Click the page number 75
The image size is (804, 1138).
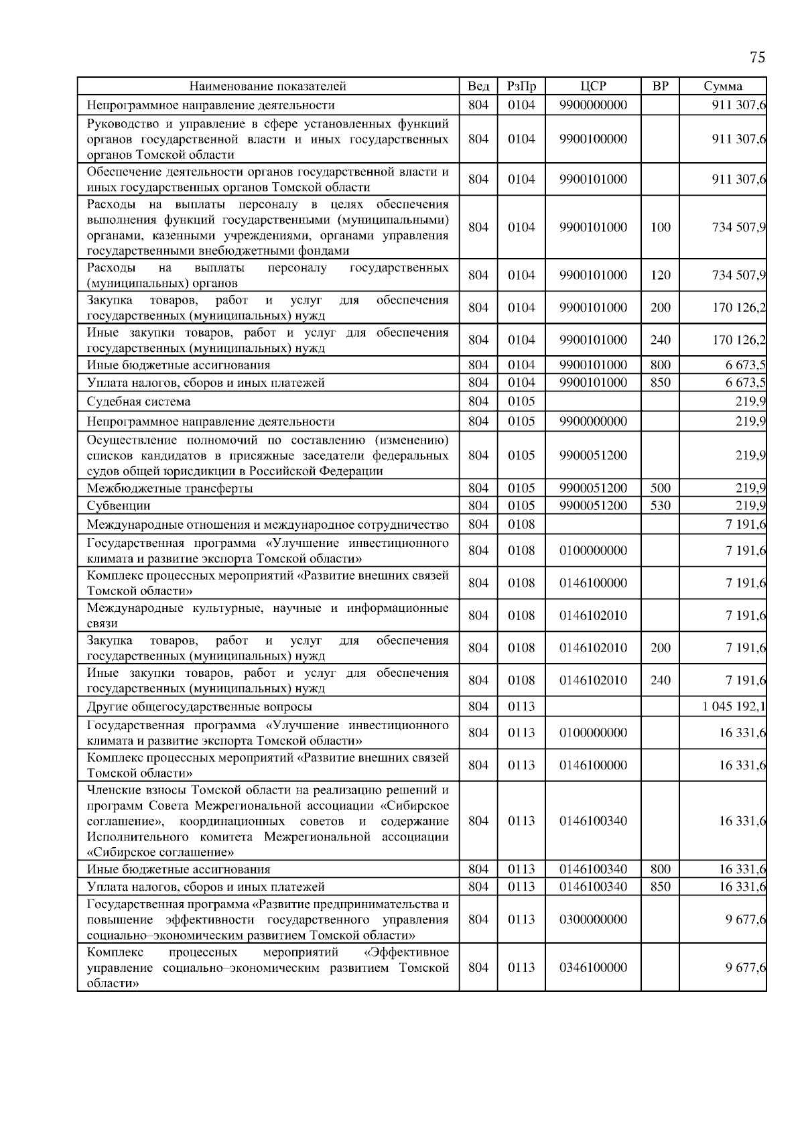[x=757, y=57]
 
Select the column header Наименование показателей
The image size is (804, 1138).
[x=267, y=86]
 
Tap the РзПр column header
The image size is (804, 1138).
[x=521, y=86]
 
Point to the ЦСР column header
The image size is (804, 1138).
[x=593, y=86]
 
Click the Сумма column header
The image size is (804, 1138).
[x=723, y=86]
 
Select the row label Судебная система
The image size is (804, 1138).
[x=139, y=401]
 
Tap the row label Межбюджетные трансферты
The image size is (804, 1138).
[x=170, y=488]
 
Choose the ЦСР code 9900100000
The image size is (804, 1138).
[x=593, y=139]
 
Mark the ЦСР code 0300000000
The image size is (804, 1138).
[x=593, y=919]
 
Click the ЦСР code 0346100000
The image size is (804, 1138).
[x=593, y=967]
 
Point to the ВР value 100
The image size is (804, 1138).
[x=660, y=227]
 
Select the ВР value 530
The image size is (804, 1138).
[x=660, y=505]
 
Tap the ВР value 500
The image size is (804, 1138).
[x=660, y=488]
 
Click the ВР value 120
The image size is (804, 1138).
[x=660, y=275]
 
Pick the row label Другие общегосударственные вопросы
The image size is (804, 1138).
[x=199, y=706]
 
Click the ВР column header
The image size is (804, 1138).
[x=660, y=86]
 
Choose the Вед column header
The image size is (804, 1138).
[x=478, y=86]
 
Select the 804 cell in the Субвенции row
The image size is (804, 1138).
[x=478, y=505]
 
